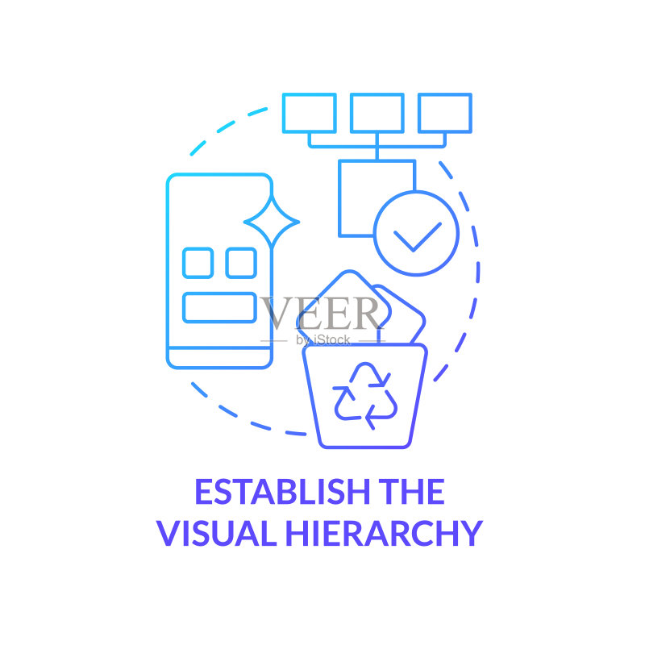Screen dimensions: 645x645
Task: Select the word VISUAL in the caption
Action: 216,533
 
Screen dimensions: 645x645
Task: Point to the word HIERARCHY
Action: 385,533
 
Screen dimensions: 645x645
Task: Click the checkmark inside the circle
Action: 417,236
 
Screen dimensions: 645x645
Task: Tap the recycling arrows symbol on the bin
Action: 365,396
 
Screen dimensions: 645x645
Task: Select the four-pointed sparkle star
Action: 272,222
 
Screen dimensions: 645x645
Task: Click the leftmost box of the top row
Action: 310,113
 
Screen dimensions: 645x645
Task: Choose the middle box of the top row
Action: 377,113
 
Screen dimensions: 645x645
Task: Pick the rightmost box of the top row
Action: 445,113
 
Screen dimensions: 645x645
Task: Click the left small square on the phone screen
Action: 198,263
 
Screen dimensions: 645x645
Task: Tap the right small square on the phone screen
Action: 241,263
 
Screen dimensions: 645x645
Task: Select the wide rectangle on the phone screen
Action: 219,307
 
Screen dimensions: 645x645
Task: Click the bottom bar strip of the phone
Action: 219,358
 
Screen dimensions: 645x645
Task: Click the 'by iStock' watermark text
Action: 323,339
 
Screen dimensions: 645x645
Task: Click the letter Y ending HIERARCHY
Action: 472,533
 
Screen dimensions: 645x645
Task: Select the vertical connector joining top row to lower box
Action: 377,147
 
